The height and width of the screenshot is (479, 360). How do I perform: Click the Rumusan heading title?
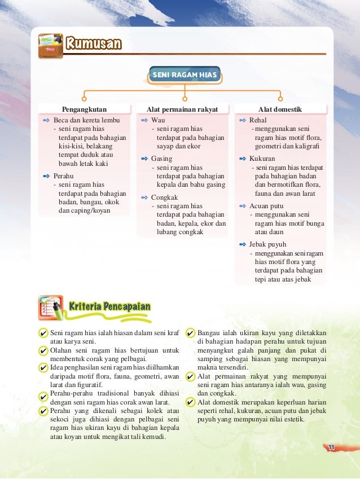93,44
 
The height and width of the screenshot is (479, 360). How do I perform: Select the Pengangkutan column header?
84,109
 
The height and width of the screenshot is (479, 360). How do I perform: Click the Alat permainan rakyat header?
179,109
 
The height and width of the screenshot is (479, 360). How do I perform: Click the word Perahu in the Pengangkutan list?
63,175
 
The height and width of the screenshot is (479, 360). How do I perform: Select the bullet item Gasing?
161,159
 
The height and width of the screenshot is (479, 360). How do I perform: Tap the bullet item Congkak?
164,197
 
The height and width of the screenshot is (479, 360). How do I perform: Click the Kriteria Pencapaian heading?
109,306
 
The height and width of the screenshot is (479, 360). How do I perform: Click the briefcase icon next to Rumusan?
50,45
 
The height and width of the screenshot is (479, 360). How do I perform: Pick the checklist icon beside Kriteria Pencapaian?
51,307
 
